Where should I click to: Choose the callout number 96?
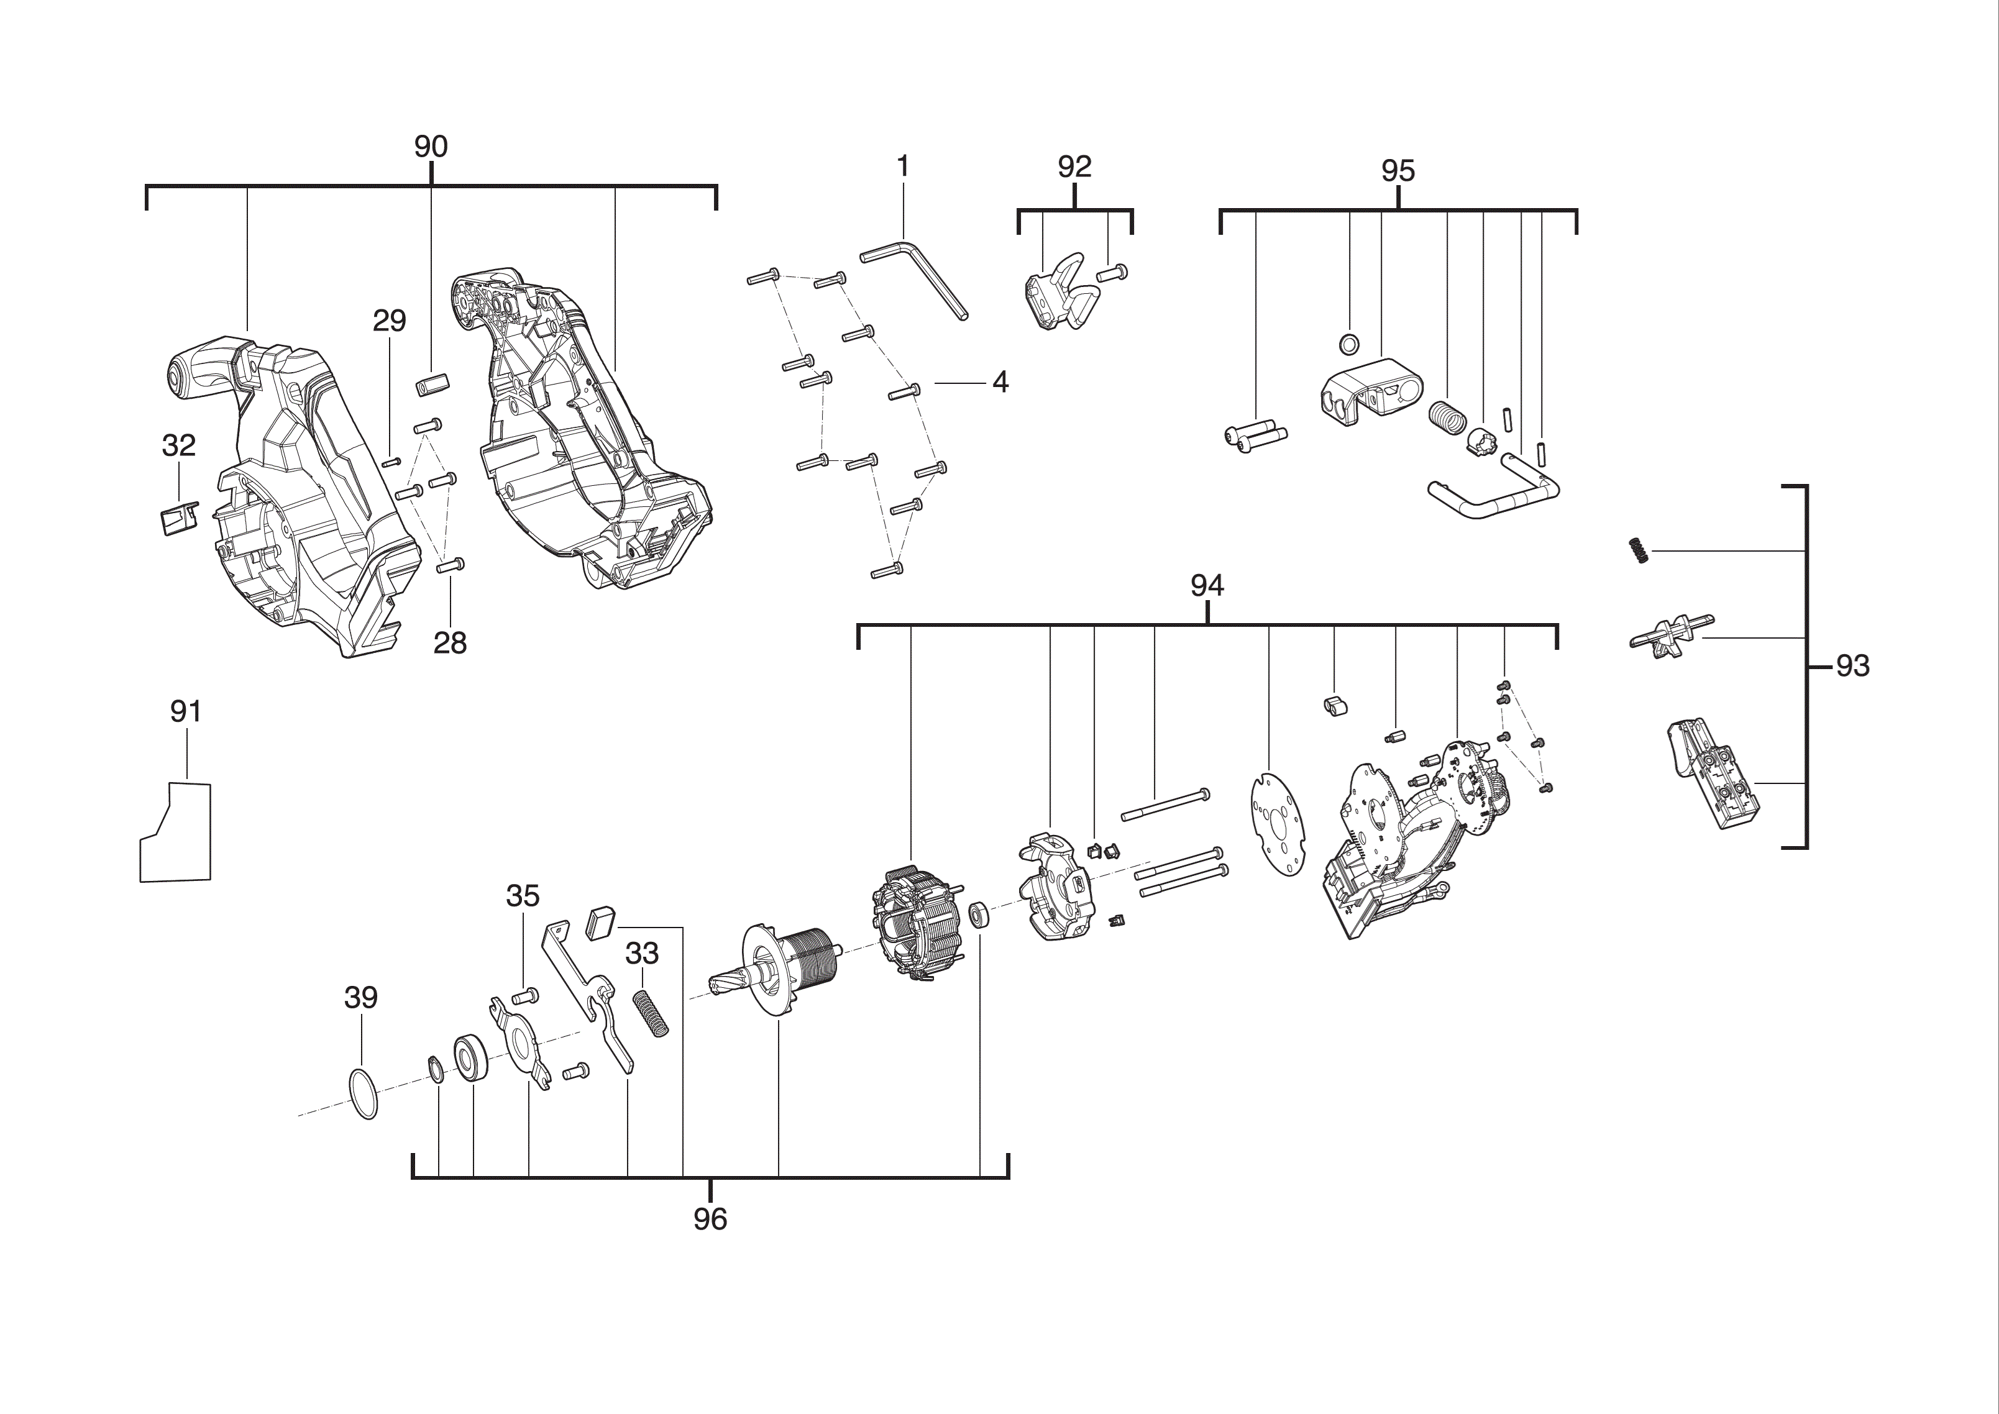710,1219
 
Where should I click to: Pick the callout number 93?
1853,666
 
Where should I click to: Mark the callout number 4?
1000,382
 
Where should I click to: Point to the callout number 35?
523,895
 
